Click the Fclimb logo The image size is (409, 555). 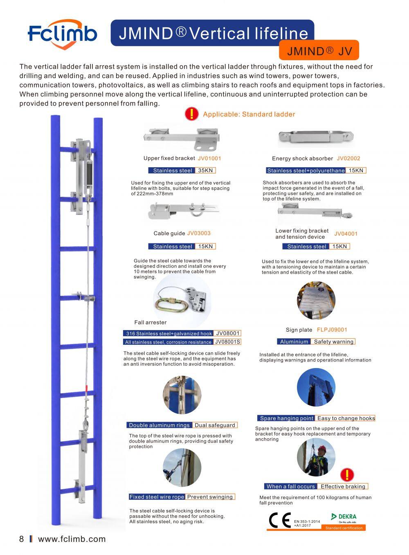62,33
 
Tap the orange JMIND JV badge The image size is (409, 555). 319,51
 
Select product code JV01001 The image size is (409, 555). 209,158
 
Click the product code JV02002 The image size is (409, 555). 348,158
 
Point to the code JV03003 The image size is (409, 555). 199,233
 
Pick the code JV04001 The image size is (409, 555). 346,234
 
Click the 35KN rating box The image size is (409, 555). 206,171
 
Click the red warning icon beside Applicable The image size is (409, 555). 191,114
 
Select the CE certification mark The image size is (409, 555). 280,520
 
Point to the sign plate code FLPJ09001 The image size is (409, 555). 332,330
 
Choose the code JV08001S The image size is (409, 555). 227,342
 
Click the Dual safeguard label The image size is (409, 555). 215,425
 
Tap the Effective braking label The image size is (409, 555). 343,486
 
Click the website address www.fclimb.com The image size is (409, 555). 72,539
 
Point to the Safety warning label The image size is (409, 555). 333,342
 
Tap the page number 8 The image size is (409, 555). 22,539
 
